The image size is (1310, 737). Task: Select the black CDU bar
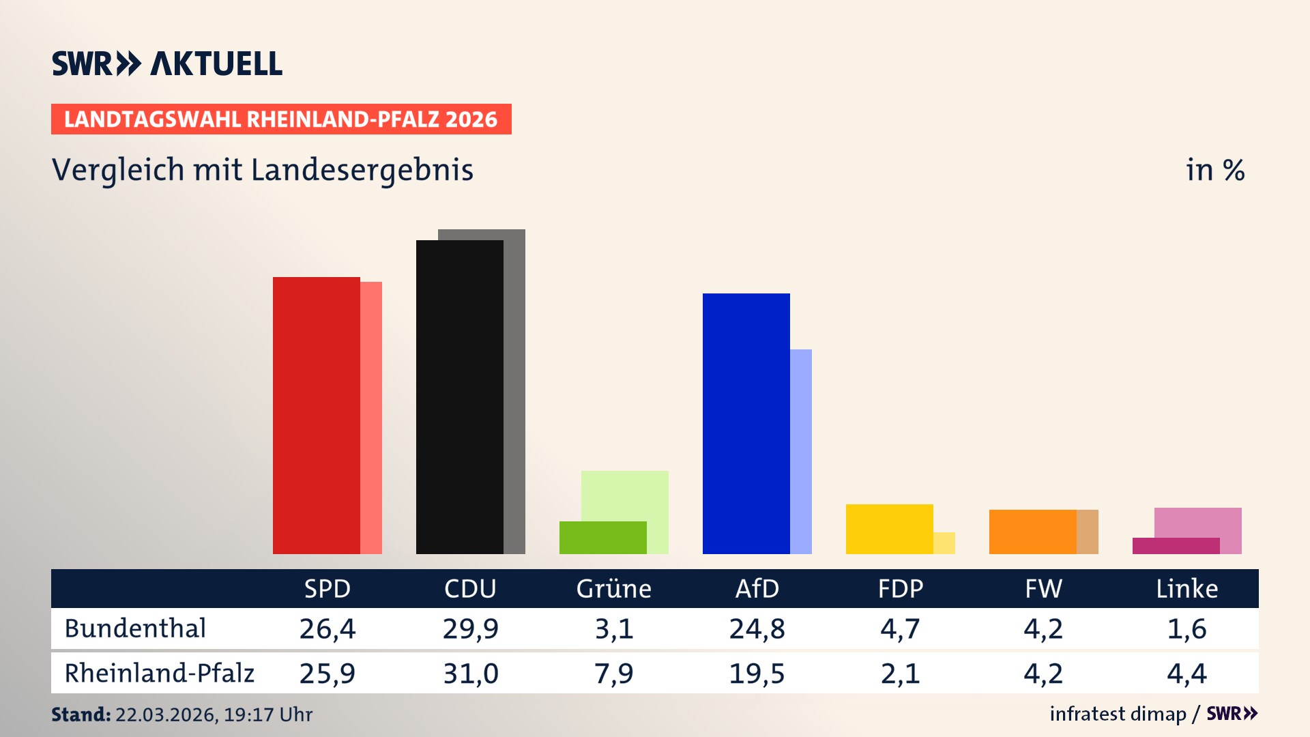(x=459, y=396)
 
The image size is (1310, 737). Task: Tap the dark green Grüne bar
(x=602, y=538)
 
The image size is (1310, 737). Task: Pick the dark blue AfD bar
(x=746, y=423)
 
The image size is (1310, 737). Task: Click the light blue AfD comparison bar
(x=801, y=450)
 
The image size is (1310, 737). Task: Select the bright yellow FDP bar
(x=889, y=529)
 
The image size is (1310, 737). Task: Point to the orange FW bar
(x=1032, y=532)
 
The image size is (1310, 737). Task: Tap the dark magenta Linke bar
(x=1176, y=546)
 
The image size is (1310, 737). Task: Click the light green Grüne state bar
(x=624, y=495)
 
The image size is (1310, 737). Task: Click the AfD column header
(x=757, y=588)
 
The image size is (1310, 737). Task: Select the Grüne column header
(x=613, y=588)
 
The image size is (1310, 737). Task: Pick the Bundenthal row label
(x=135, y=628)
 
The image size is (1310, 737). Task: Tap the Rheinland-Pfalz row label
(x=159, y=674)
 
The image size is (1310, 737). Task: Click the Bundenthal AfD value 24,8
(x=757, y=628)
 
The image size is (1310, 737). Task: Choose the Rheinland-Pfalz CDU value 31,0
(x=470, y=674)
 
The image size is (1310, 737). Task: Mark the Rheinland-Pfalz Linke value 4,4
(x=1187, y=674)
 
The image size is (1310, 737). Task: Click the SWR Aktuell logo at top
(x=167, y=63)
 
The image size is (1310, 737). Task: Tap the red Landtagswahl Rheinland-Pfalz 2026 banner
(x=281, y=119)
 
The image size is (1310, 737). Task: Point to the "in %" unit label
(x=1214, y=170)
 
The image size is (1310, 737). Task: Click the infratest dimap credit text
(x=1118, y=714)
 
